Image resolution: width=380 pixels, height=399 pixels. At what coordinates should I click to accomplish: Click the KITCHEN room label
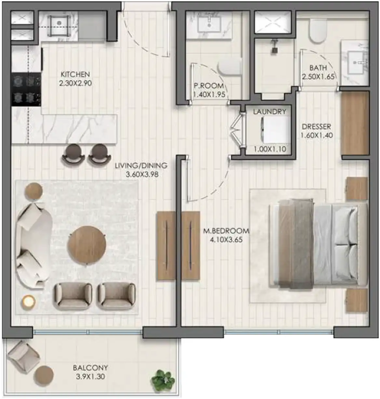click(x=75, y=74)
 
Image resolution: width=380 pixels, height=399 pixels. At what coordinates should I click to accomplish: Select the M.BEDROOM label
click(x=226, y=231)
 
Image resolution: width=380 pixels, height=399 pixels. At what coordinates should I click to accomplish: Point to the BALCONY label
click(x=90, y=368)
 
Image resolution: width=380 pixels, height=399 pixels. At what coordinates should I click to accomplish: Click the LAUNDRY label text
click(x=269, y=112)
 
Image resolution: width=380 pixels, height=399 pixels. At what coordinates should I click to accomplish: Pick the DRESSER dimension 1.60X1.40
click(x=317, y=135)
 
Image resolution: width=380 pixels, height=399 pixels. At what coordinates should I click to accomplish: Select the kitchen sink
click(x=59, y=23)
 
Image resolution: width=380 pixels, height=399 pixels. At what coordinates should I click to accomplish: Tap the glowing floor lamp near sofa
click(x=28, y=302)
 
